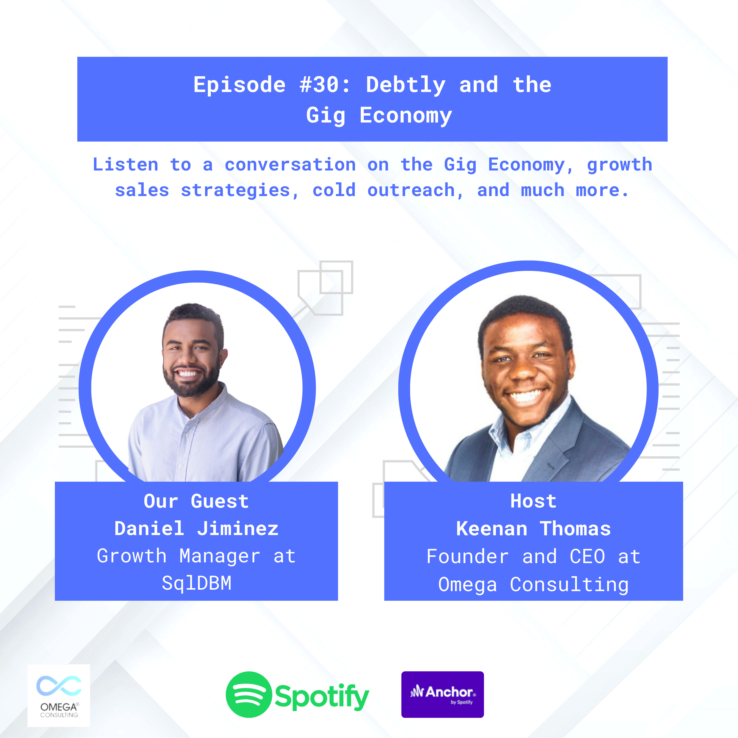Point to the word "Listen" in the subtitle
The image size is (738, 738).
click(x=125, y=165)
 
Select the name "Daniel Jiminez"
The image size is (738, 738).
click(x=196, y=529)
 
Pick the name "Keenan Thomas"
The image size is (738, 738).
click(x=533, y=529)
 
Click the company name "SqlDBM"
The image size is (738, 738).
click(x=196, y=583)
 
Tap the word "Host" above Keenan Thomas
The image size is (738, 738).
click(x=533, y=501)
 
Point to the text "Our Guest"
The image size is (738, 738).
click(x=196, y=501)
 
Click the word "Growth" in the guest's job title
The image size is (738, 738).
click(x=132, y=556)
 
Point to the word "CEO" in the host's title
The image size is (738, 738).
click(x=587, y=556)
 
